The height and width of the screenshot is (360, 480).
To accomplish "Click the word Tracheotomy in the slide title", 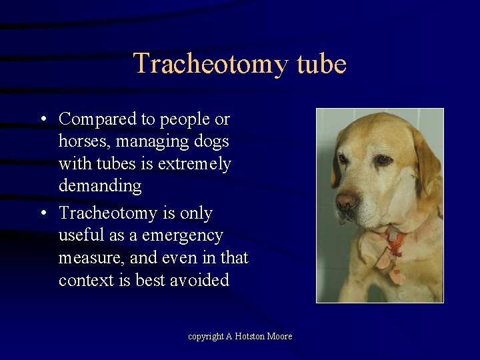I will (210, 64).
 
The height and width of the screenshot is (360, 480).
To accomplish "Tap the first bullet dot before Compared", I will (42, 120).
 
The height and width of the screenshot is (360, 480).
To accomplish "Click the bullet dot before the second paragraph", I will (42, 214).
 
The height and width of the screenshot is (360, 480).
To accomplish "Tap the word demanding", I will (100, 186).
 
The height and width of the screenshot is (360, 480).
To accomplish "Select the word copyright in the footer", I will (205, 337).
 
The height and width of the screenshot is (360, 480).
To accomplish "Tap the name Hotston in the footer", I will (250, 337).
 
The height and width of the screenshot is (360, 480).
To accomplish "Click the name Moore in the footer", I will (280, 337).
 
